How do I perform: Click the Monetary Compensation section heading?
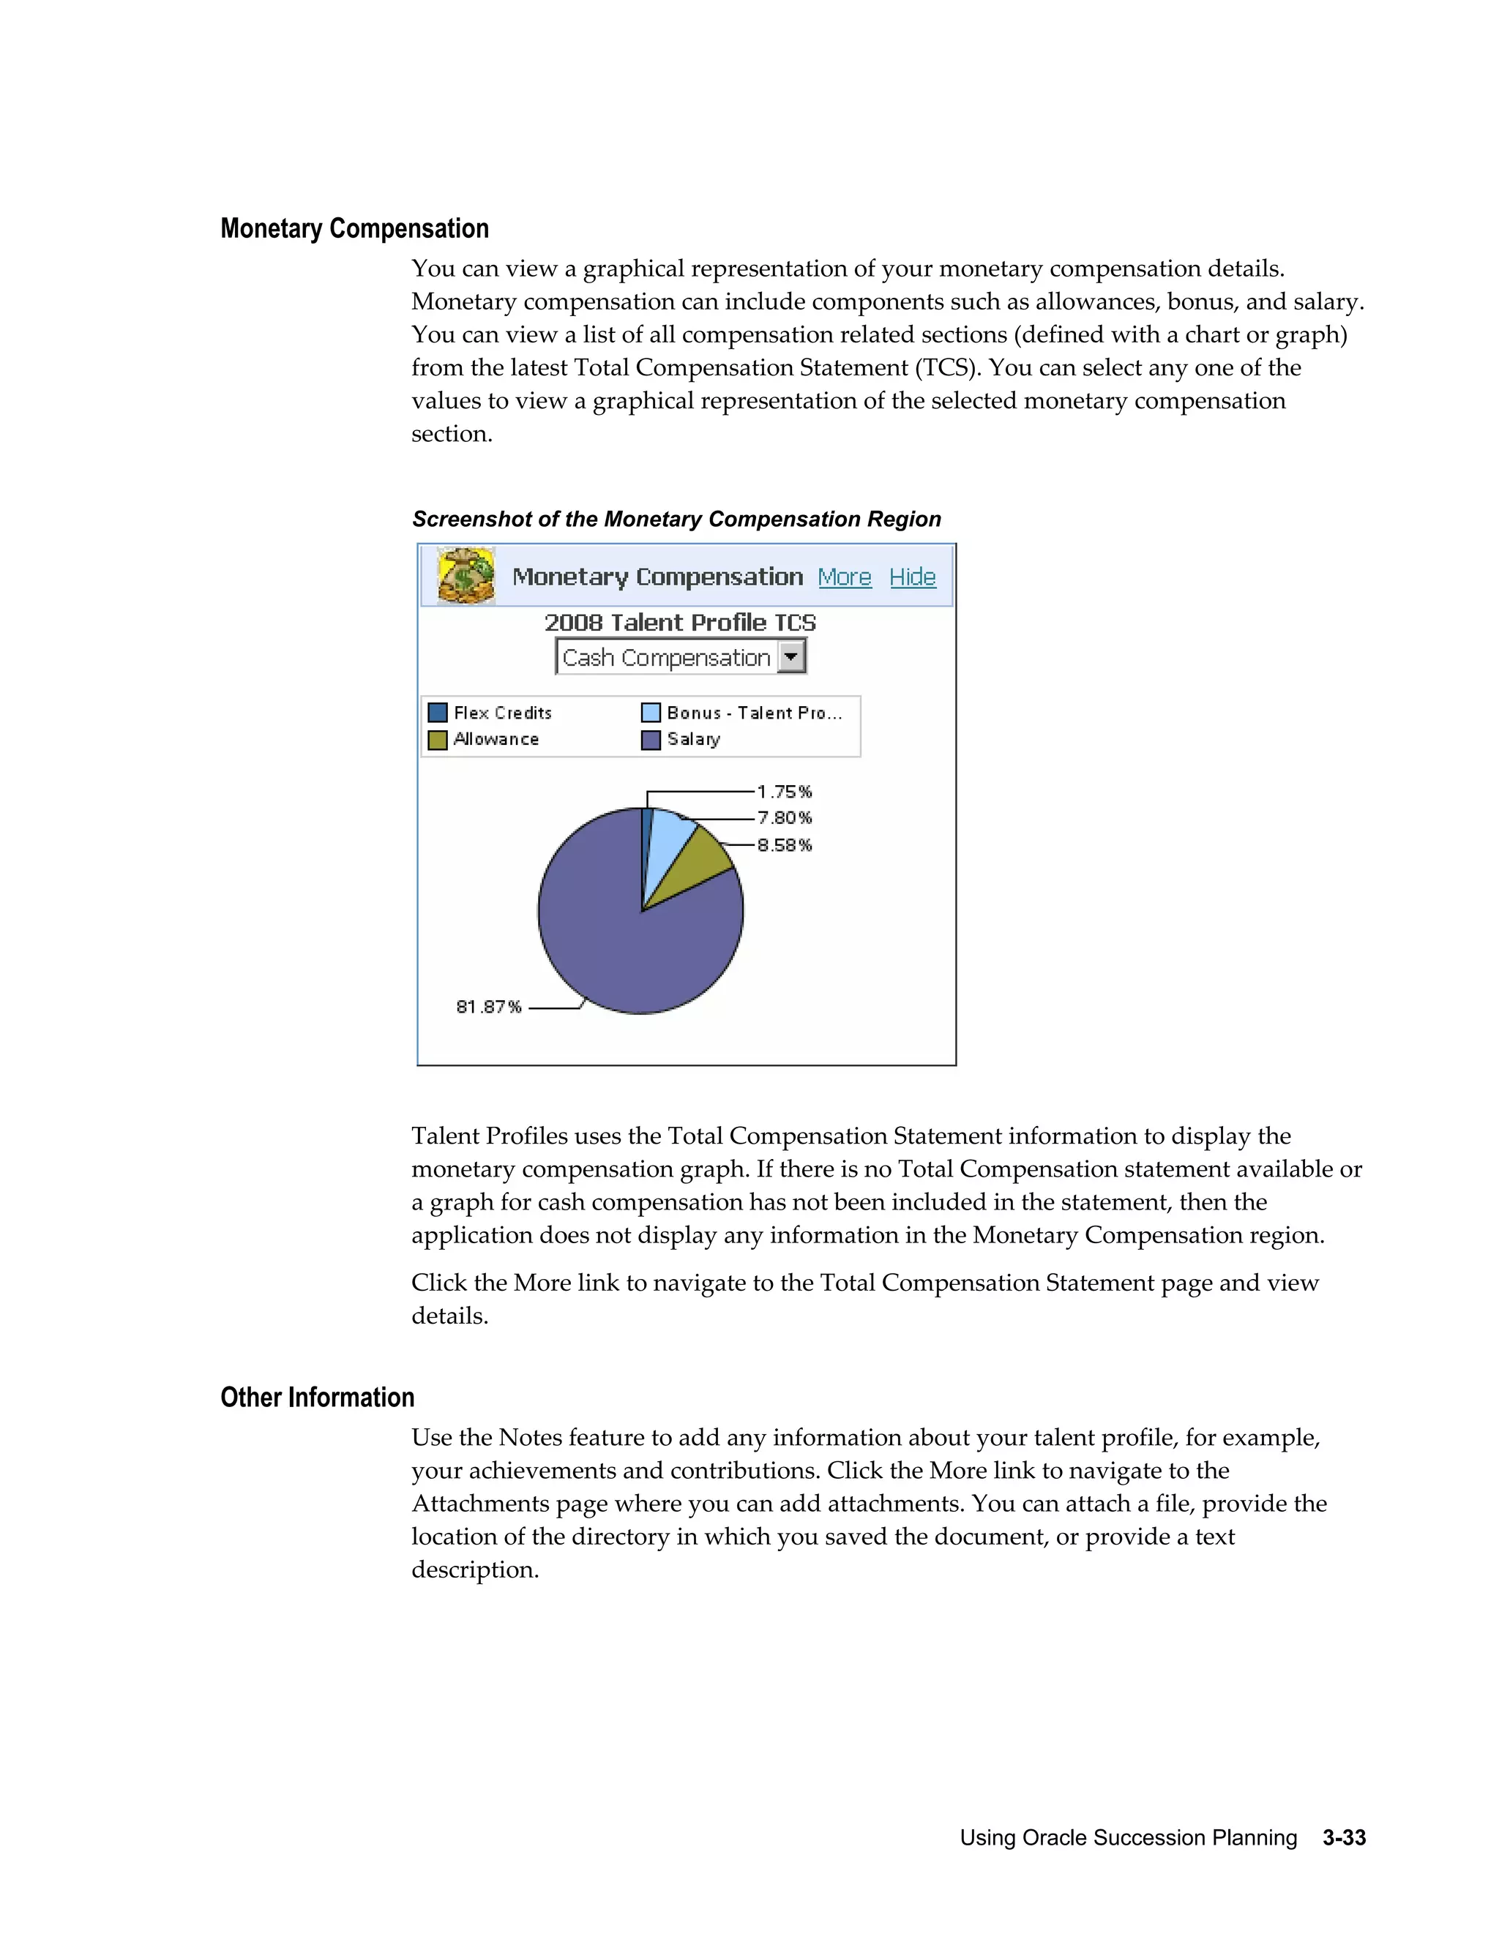pos(354,228)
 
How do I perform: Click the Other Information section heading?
pos(317,1398)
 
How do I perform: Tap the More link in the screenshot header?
pos(844,577)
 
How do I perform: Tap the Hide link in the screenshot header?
pos(912,577)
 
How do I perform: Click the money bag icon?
pos(466,576)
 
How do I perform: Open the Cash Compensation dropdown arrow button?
pos(790,657)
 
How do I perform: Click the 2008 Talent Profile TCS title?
pos(680,623)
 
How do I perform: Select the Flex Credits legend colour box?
pos(437,713)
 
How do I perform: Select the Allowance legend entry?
pos(496,740)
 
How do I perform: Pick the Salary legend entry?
pos(692,740)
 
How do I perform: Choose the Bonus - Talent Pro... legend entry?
pos(753,713)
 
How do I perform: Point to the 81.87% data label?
pos(488,1007)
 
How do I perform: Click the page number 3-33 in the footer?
pos(1344,1838)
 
